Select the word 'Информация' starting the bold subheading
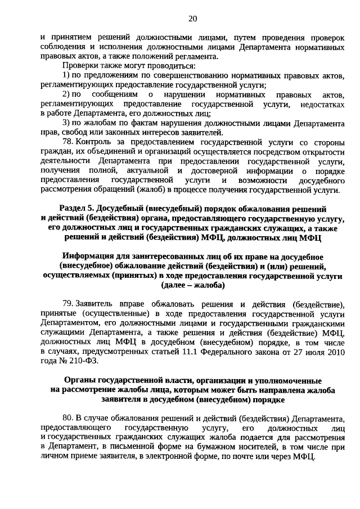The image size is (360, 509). point(86,256)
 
